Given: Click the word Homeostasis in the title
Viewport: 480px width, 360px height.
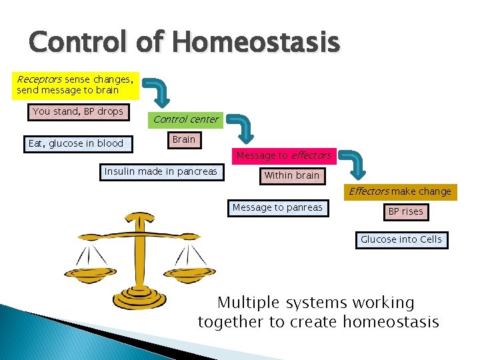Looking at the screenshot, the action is [x=256, y=43].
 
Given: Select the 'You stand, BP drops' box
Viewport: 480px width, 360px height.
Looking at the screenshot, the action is [x=77, y=112].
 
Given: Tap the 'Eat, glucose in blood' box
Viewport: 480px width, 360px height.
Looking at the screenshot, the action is [x=76, y=143].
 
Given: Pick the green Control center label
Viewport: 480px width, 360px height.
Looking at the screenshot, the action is [x=185, y=119].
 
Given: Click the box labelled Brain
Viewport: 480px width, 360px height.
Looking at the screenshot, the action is [x=183, y=140].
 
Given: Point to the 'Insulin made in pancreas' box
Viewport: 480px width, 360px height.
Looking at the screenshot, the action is [x=161, y=172].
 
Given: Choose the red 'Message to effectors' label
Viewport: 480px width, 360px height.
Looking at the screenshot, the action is [x=283, y=155].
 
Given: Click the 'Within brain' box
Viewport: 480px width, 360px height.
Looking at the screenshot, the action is [x=291, y=176].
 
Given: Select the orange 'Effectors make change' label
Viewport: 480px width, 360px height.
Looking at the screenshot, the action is [x=400, y=192].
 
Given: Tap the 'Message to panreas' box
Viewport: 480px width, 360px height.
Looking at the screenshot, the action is [x=277, y=208].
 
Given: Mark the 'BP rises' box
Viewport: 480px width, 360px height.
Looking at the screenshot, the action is [x=405, y=212].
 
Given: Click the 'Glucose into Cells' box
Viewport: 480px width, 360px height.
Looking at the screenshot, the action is [x=401, y=239].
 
